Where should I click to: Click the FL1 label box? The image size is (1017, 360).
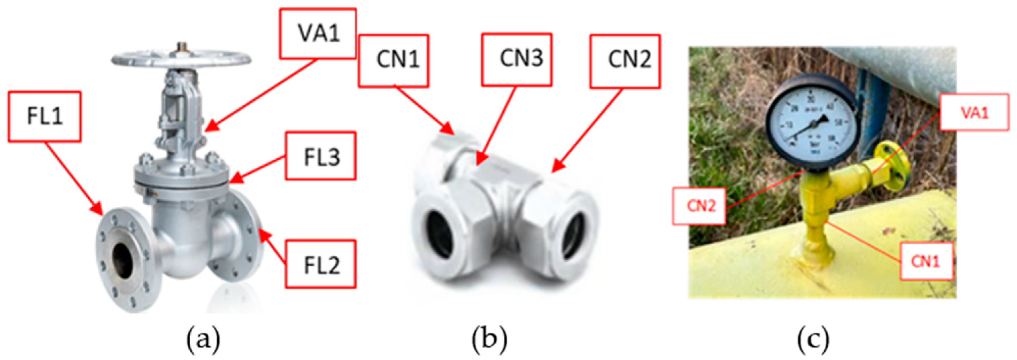tap(44, 117)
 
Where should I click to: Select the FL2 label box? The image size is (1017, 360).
tap(321, 264)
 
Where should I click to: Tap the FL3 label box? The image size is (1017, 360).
tap(321, 156)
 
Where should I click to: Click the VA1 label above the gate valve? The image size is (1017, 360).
tap(318, 34)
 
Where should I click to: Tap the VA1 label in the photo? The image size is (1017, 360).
tap(974, 112)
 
